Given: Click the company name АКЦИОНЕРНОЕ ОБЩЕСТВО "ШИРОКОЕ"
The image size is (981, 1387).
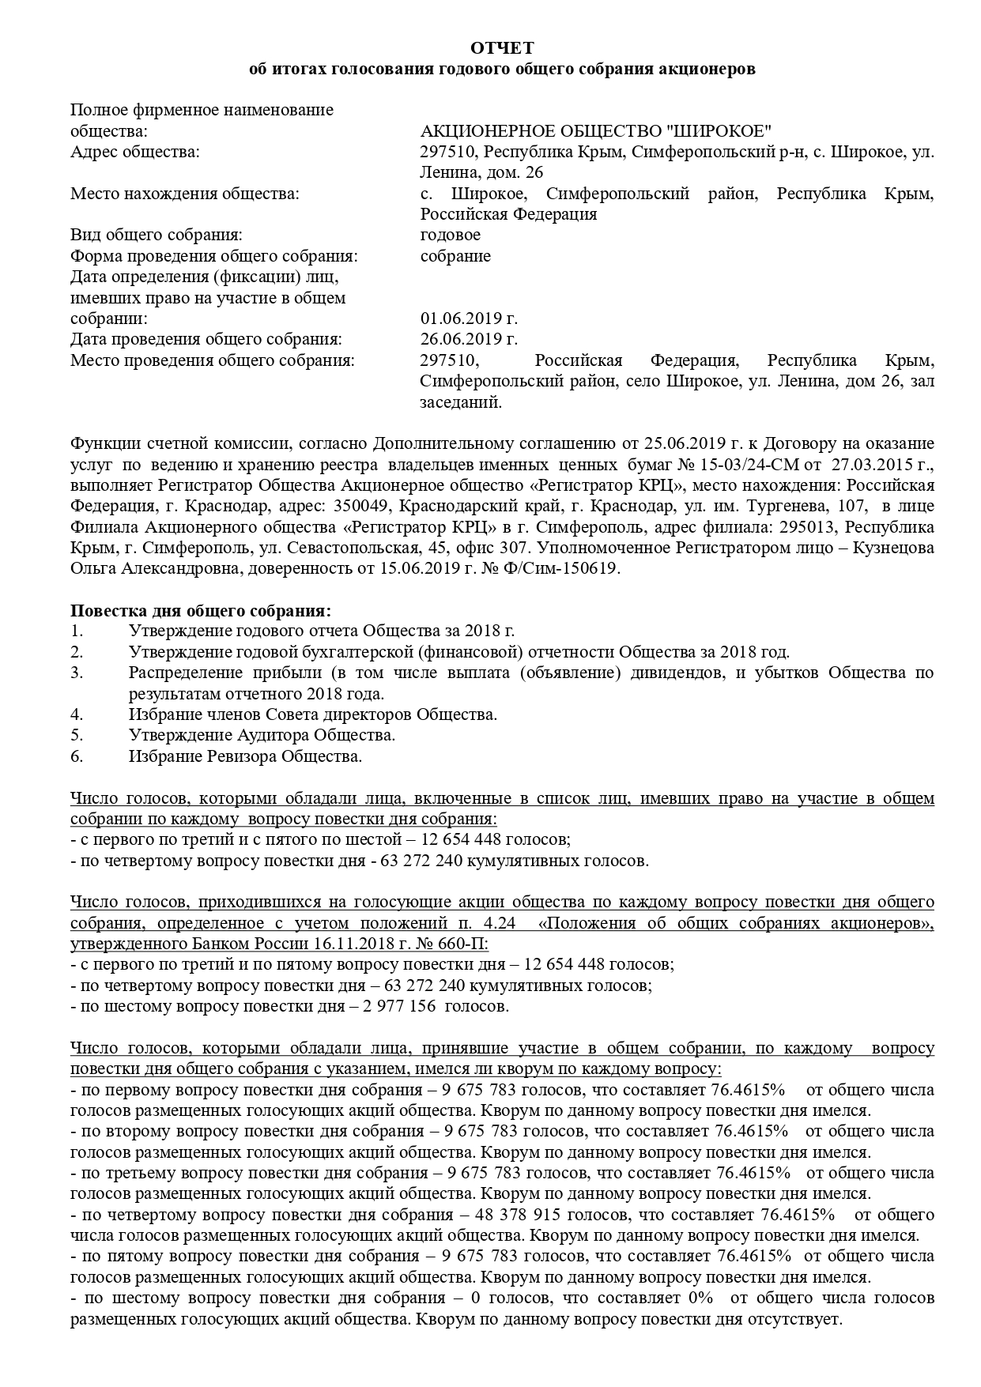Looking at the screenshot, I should (x=596, y=130).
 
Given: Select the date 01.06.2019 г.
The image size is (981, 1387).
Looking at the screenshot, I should (x=469, y=318).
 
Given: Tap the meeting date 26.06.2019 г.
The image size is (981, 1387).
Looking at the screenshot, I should (x=469, y=339).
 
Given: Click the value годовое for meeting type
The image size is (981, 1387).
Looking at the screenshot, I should (x=450, y=235).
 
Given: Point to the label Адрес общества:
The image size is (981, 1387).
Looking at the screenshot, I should (x=135, y=152).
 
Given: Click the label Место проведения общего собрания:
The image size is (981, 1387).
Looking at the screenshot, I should (x=213, y=360).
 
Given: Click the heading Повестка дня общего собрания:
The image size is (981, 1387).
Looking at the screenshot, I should (x=201, y=611).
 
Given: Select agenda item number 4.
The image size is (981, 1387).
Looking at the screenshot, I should (x=77, y=714).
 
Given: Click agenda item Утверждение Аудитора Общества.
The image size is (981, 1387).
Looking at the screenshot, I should (x=262, y=735).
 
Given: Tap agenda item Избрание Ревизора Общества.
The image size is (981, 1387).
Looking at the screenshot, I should (x=245, y=756).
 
